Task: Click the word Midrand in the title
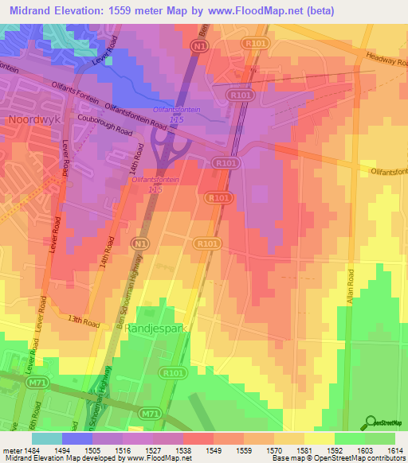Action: point(33,10)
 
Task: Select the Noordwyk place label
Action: point(33,119)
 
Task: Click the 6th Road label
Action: point(35,414)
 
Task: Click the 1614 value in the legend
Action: point(393,449)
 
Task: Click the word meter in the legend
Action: point(10,449)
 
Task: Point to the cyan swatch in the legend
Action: point(46,438)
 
